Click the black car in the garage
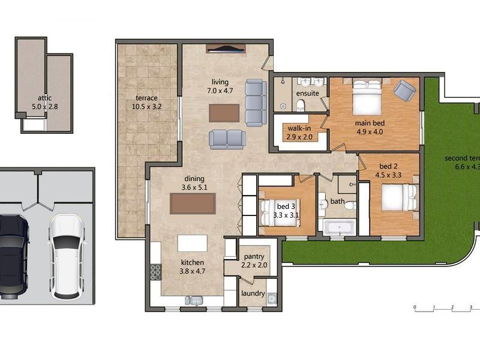point(12,255)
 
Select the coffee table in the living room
point(224,113)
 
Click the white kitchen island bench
point(193,244)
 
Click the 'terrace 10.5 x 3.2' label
point(146,103)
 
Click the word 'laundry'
point(253,293)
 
